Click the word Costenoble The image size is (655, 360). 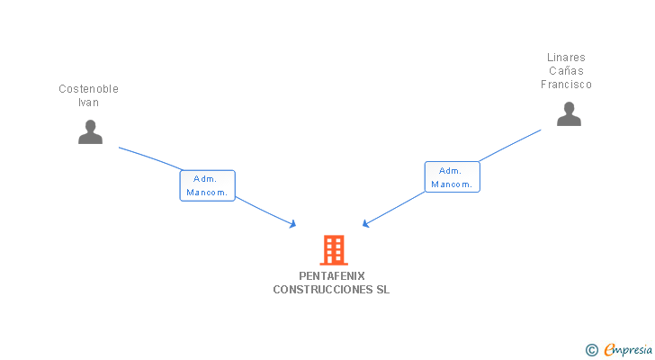pyautogui.click(x=88, y=89)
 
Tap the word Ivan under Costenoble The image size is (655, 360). pyautogui.click(x=88, y=103)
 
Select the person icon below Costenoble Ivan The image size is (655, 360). pyautogui.click(x=90, y=131)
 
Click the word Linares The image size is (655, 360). pyautogui.click(x=566, y=58)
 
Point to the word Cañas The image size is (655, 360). pyautogui.click(x=566, y=71)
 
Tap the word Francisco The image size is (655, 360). pyautogui.click(x=566, y=85)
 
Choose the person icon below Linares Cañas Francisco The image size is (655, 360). pyautogui.click(x=569, y=113)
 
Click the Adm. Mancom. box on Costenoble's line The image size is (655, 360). pyautogui.click(x=207, y=185)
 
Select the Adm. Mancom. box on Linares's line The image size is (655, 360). pyautogui.click(x=452, y=176)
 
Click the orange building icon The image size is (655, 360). pyautogui.click(x=333, y=249)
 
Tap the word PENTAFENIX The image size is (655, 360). pyautogui.click(x=332, y=276)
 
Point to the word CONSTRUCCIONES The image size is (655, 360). pyautogui.click(x=323, y=290)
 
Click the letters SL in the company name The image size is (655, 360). pyautogui.click(x=383, y=290)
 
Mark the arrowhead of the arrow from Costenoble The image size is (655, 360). pyautogui.click(x=292, y=224)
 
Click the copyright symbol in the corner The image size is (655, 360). pyautogui.click(x=592, y=349)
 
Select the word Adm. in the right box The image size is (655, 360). pyautogui.click(x=450, y=170)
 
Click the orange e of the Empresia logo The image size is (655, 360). pyautogui.click(x=609, y=349)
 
